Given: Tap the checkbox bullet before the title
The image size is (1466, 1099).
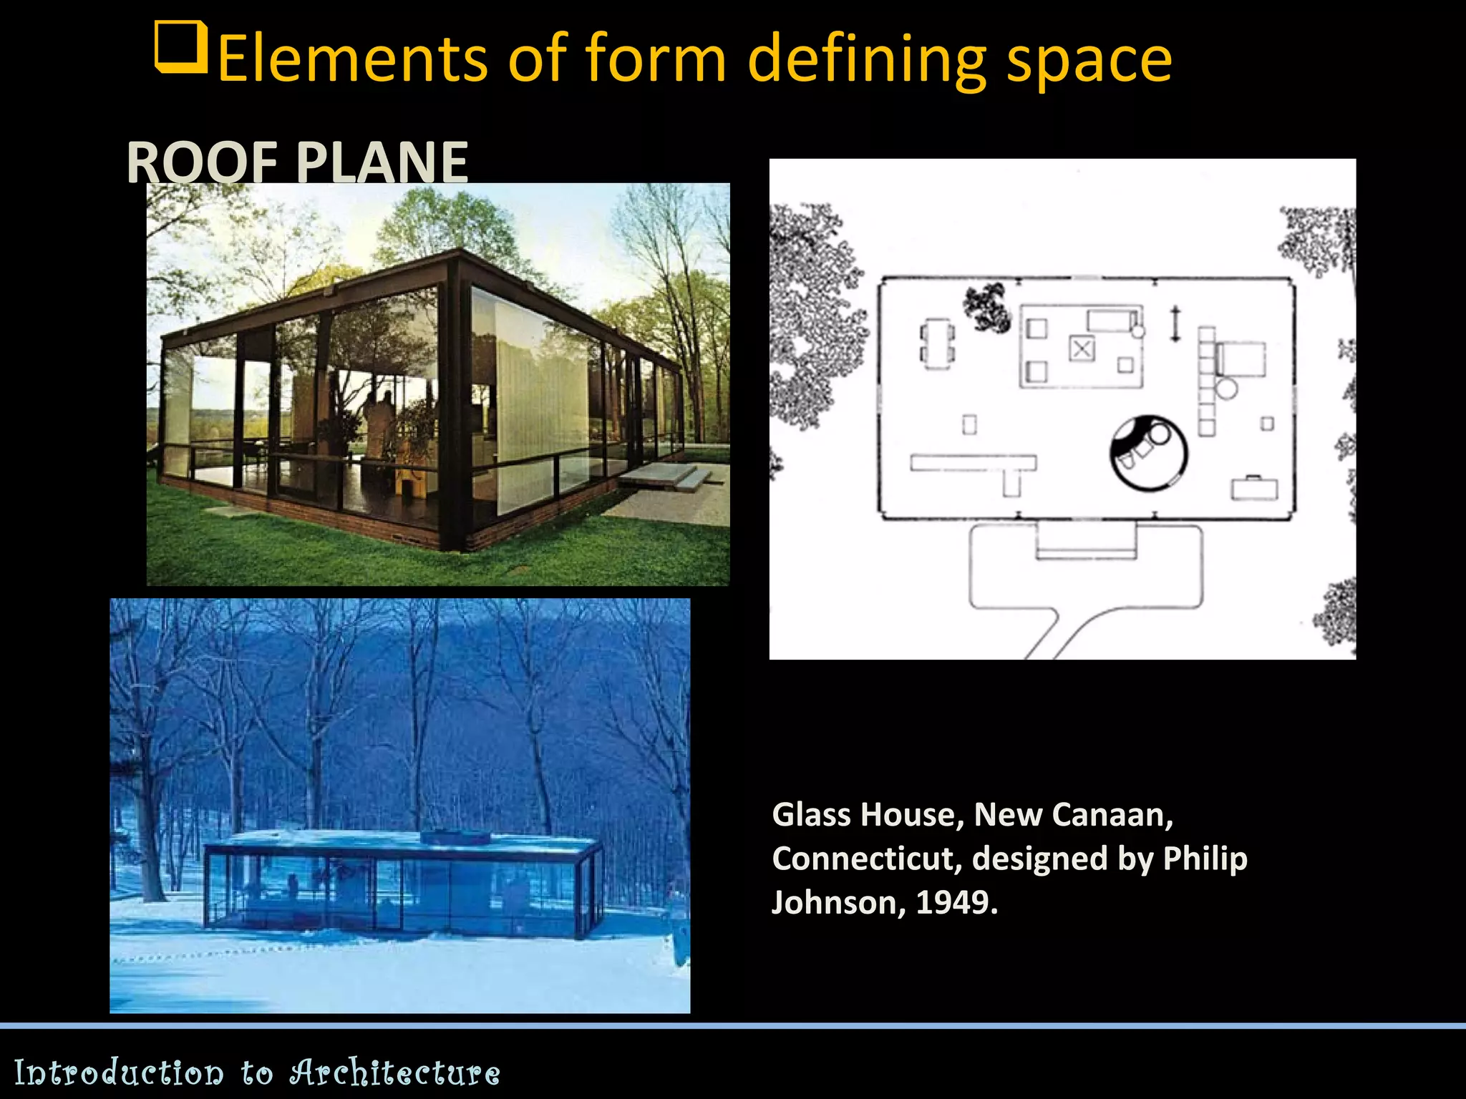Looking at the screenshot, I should click(181, 47).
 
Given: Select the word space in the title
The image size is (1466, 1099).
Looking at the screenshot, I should click(1089, 60).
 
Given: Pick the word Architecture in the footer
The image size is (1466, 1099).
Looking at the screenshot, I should click(395, 1073).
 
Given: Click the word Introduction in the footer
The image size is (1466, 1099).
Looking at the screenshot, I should click(119, 1073).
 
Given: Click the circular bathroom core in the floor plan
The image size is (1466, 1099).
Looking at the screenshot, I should click(1148, 453).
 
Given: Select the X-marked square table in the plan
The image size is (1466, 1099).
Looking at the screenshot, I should click(1082, 349).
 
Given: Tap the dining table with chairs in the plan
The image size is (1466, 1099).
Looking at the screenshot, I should click(937, 344).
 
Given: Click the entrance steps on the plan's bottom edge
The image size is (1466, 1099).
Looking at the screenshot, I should click(1085, 541).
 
